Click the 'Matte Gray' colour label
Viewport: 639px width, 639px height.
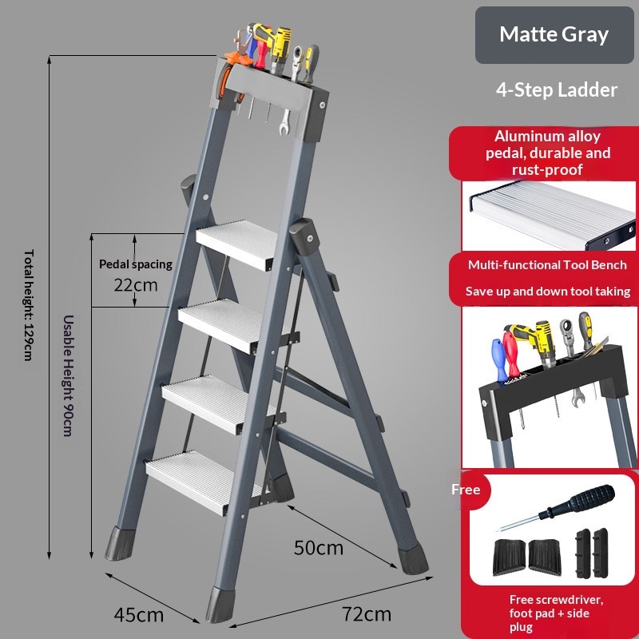click(554, 34)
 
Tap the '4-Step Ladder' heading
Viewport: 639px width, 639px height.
click(556, 89)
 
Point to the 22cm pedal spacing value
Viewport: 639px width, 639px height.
click(135, 285)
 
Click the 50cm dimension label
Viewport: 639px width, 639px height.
click(318, 548)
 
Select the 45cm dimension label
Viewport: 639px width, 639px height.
click(138, 614)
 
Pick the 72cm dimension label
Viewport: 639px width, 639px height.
click(367, 613)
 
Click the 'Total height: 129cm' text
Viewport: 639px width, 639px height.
click(28, 305)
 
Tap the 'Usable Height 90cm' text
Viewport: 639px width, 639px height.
click(68, 375)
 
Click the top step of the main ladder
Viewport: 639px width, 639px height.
click(237, 244)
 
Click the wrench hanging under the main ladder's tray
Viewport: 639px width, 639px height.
click(285, 122)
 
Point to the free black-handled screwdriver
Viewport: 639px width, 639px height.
click(557, 508)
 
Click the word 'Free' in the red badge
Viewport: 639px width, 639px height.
click(466, 489)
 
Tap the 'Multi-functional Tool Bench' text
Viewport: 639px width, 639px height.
click(547, 265)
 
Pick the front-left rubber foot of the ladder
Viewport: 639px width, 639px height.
click(220, 605)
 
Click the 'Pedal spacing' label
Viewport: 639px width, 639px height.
click(136, 264)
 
